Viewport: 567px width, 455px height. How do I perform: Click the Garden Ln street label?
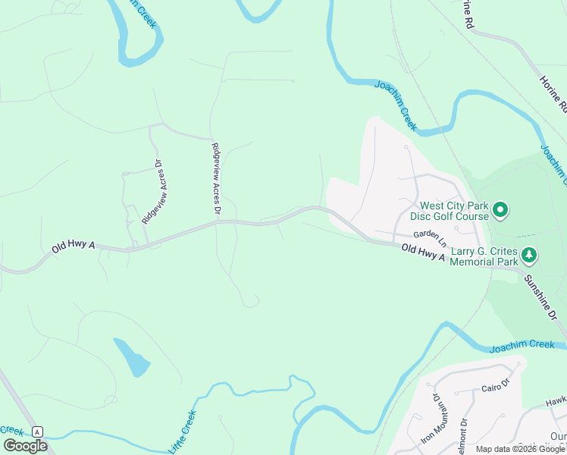pos(430,234)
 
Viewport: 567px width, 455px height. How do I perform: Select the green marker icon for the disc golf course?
pos(500,209)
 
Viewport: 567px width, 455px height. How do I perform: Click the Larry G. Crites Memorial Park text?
pos(483,256)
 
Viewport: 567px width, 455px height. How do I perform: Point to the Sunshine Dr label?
pos(541,297)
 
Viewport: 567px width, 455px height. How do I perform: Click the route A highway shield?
pos(38,431)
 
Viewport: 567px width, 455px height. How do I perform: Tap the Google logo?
pos(25,446)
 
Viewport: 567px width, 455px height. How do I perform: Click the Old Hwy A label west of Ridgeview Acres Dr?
pos(74,246)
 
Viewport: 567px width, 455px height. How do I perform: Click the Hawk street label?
pos(556,400)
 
